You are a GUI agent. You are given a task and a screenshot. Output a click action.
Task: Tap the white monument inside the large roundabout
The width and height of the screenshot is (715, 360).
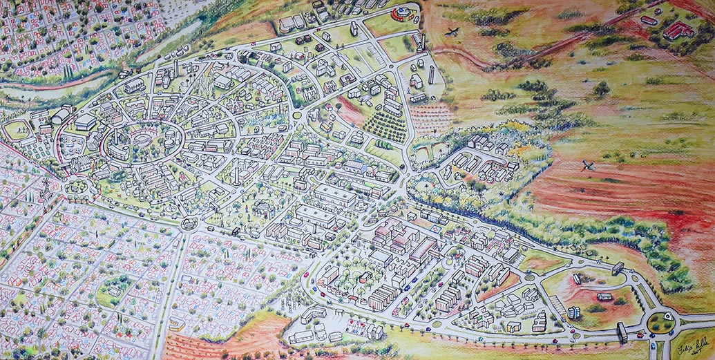click(661, 321)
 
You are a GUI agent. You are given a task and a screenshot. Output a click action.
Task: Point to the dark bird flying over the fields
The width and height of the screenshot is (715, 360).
click(452, 30)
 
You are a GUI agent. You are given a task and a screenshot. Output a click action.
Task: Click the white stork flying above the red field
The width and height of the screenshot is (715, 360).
click(588, 164)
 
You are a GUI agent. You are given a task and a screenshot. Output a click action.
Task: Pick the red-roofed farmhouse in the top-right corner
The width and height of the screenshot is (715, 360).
click(677, 29)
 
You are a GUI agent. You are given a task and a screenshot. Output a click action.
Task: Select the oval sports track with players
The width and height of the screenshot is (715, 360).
click(17, 129)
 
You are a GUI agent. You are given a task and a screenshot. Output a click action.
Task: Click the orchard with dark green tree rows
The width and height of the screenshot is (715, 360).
click(384, 127)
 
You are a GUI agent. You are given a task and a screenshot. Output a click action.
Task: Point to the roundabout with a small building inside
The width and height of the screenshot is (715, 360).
click(188, 224)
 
